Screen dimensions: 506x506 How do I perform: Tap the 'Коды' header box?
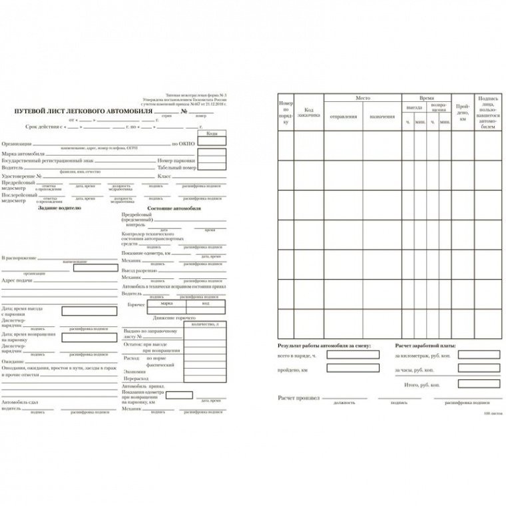212,134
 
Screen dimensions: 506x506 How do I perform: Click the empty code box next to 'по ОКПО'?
212,143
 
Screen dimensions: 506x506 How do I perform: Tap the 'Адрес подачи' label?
17,280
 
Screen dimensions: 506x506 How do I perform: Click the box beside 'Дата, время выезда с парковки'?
86,311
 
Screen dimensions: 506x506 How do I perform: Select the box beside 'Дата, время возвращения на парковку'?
86,337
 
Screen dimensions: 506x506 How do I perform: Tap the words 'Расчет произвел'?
298,397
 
